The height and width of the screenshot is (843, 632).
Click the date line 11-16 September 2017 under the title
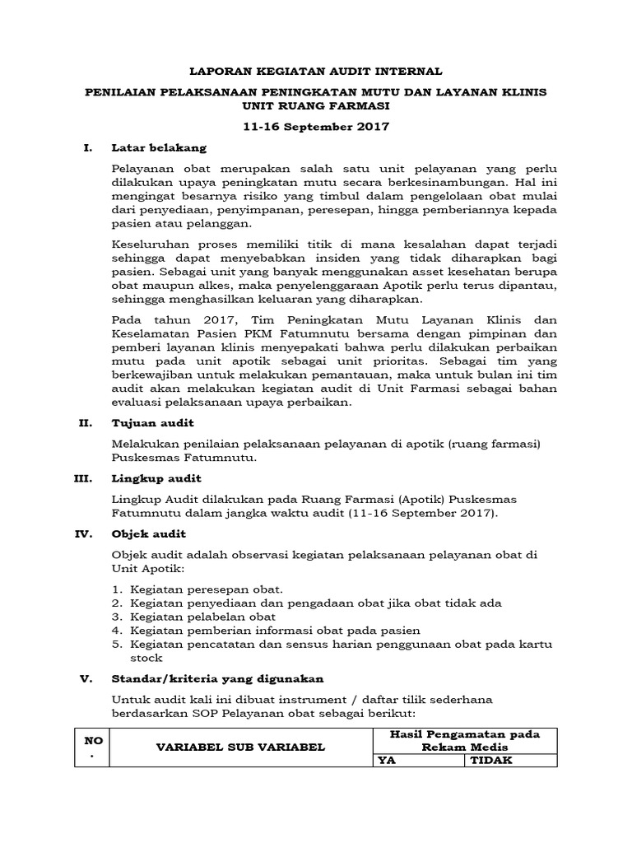click(316, 127)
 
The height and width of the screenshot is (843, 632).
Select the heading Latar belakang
click(159, 148)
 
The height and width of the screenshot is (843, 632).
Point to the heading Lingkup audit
click(156, 478)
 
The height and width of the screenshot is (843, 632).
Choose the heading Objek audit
click(149, 533)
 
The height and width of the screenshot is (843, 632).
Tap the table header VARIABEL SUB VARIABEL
click(241, 747)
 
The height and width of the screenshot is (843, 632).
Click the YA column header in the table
click(386, 761)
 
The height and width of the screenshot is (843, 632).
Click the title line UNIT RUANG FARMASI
click(316, 106)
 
